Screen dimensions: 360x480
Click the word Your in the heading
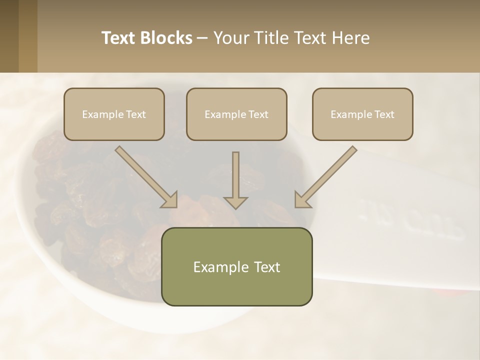pyautogui.click(x=229, y=38)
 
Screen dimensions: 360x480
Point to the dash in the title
pyautogui.click(x=202, y=38)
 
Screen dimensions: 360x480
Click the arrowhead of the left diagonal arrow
pyautogui.click(x=170, y=200)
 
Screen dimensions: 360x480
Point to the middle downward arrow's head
pyautogui.click(x=235, y=202)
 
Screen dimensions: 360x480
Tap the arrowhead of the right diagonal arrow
pyautogui.click(x=301, y=200)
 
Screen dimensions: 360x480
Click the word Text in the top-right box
pyautogui.click(x=384, y=114)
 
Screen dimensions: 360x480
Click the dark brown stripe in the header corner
pyautogui.click(x=9, y=36)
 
